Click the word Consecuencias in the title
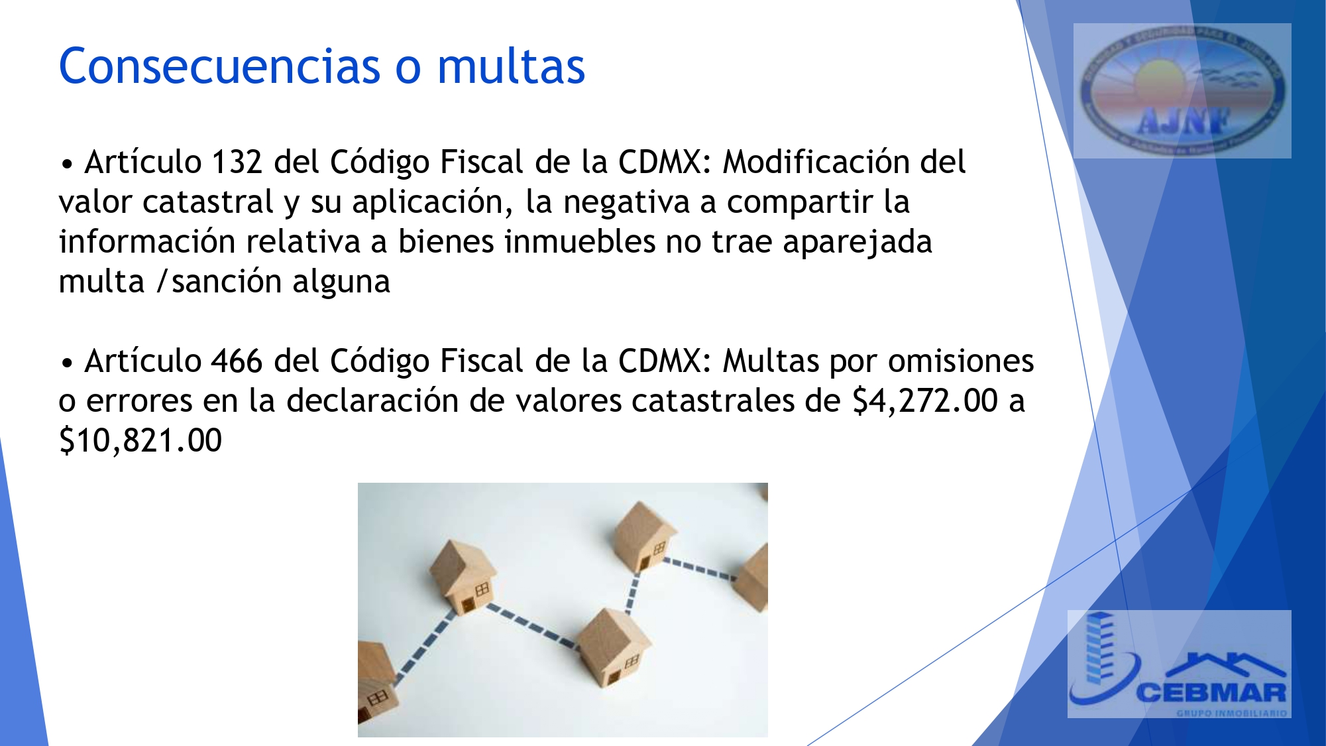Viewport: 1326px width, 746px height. click(219, 66)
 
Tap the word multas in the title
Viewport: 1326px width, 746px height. click(511, 66)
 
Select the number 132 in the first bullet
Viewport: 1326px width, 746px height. click(237, 162)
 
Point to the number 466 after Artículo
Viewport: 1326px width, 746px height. click(237, 361)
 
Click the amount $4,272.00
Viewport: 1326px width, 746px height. click(925, 401)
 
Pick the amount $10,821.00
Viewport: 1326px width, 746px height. click(140, 441)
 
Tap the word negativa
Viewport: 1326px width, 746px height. click(626, 202)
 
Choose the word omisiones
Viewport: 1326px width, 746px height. click(961, 361)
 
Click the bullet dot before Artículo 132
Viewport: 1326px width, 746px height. click(66, 164)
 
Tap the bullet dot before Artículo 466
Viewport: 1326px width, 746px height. click(66, 363)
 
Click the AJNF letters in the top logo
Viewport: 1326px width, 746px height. click(1184, 121)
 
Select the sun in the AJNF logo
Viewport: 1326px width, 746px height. click(1160, 80)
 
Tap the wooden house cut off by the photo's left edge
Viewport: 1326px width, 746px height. click(374, 683)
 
